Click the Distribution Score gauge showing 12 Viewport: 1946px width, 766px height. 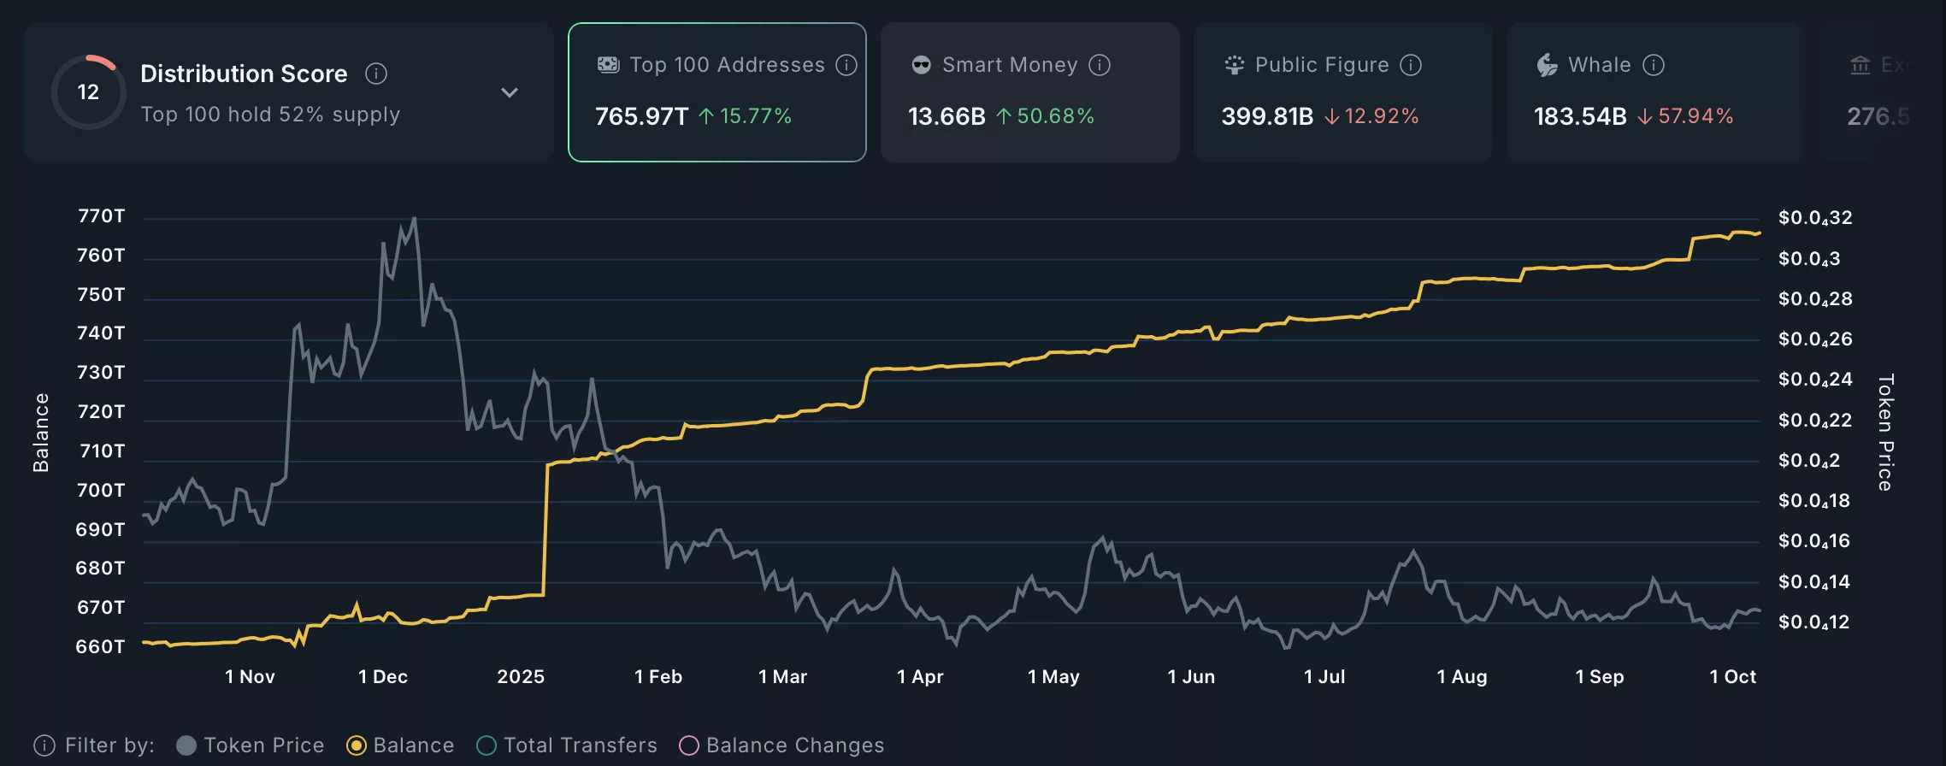(x=88, y=92)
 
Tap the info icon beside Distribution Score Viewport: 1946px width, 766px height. (x=376, y=74)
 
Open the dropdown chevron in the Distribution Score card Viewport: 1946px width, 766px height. (x=510, y=92)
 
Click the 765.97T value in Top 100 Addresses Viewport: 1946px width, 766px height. (x=641, y=116)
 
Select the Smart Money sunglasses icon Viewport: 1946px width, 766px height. (x=921, y=65)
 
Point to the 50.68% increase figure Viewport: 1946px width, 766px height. (x=1055, y=116)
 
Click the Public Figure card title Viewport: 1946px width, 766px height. (x=1321, y=65)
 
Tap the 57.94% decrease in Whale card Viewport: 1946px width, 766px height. (x=1695, y=116)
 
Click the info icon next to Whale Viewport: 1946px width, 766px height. (x=1654, y=65)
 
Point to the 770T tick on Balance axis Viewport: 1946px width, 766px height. (x=101, y=216)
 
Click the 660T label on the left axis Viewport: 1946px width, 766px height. (x=100, y=646)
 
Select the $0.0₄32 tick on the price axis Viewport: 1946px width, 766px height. (x=1814, y=218)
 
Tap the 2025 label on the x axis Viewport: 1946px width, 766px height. (x=521, y=676)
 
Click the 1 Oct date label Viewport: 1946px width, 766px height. (x=1732, y=676)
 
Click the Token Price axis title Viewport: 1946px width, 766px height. (x=1885, y=432)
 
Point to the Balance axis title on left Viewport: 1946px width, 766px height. (x=40, y=432)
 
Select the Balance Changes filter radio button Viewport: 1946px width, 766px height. (x=689, y=745)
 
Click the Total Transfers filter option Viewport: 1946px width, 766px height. (x=486, y=745)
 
